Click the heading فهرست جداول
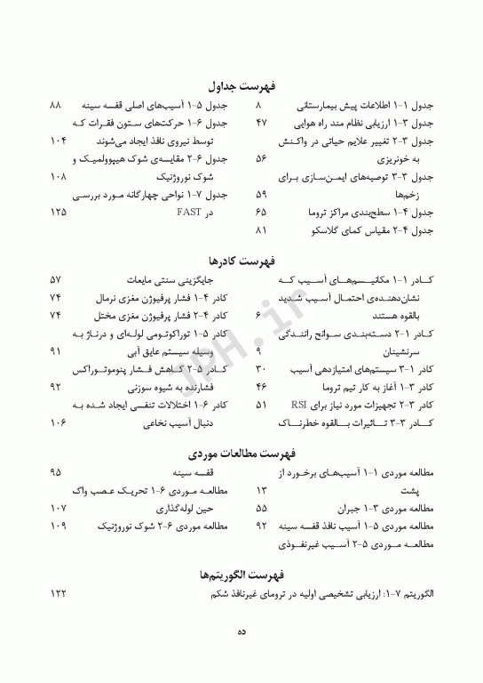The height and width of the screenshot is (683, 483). (241, 86)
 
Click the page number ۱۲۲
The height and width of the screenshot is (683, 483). (59, 593)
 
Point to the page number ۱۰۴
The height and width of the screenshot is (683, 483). (59, 141)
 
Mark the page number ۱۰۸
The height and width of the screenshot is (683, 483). (59, 176)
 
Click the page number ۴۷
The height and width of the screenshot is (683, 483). (261, 123)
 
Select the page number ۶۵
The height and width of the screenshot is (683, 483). (261, 213)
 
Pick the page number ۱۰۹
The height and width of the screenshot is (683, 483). (59, 526)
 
